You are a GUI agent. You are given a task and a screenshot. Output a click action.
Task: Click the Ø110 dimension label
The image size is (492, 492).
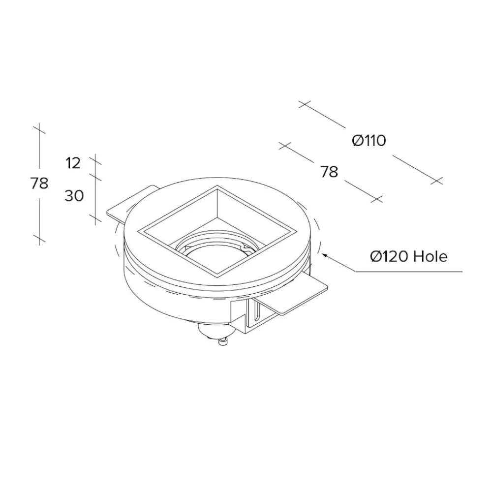(x=369, y=140)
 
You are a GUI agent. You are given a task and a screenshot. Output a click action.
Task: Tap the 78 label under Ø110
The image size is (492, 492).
(x=329, y=172)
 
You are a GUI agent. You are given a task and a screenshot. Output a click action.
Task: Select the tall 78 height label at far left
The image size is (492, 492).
(x=39, y=183)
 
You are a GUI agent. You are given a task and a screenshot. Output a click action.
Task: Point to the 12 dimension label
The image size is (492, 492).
(x=73, y=163)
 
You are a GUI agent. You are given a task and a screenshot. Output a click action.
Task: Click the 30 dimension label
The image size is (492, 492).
(x=74, y=196)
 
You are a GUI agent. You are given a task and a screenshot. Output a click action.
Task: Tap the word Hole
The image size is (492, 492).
(x=430, y=257)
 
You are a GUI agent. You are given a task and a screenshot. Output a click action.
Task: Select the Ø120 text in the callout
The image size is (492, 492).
(x=389, y=257)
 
